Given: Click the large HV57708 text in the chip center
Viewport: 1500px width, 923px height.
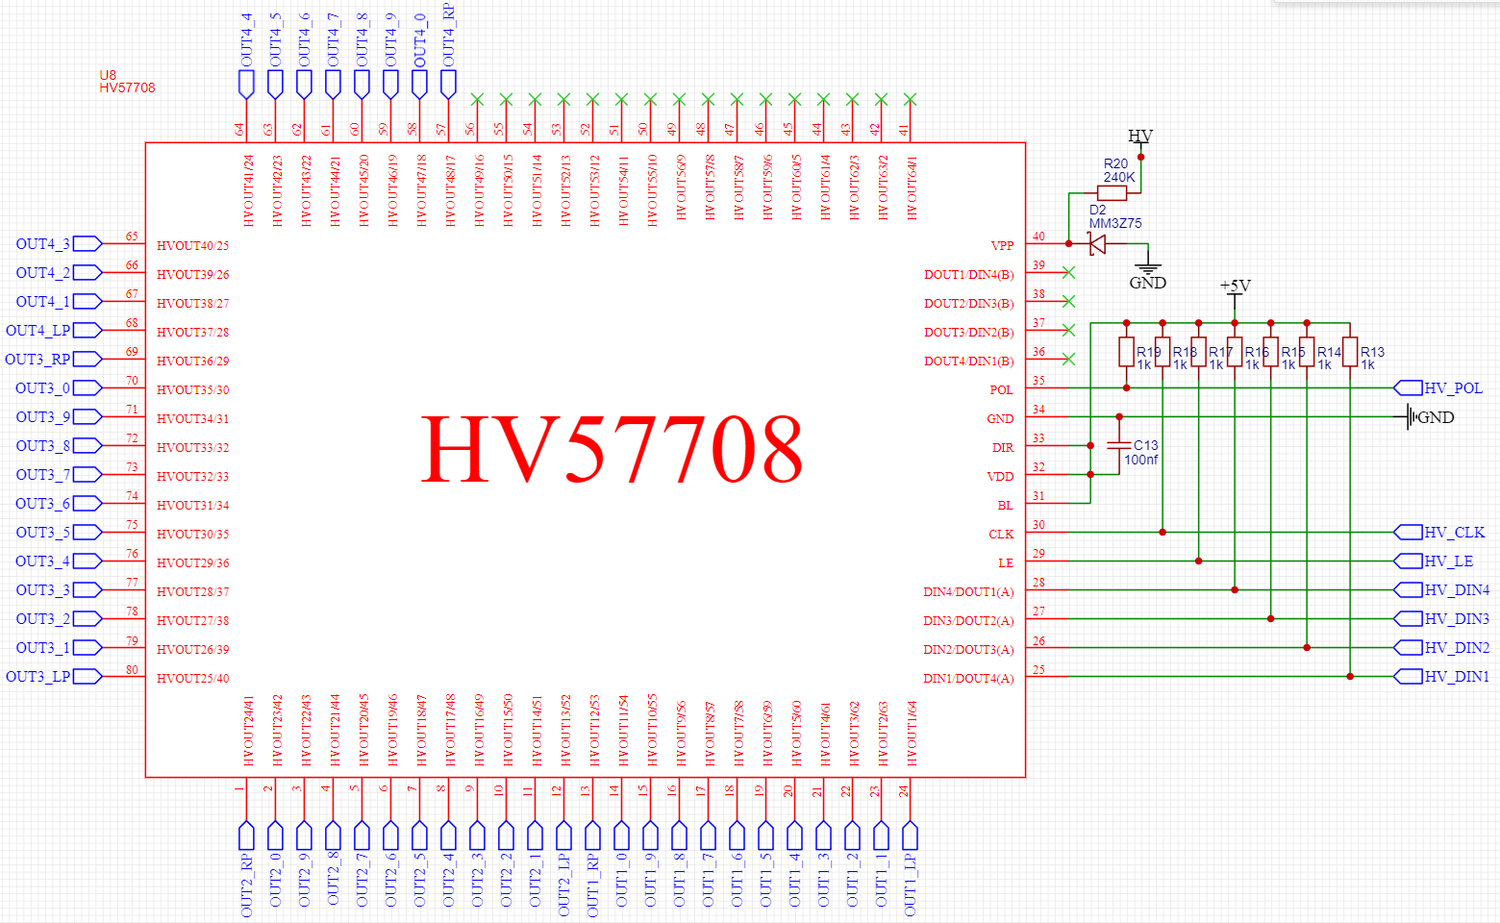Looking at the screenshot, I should click(612, 449).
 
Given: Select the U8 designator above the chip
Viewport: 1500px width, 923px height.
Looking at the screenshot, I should click(108, 75).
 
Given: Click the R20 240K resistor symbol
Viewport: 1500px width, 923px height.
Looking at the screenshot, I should click(1112, 193).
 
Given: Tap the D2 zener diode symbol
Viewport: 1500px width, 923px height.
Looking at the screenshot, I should click(1097, 244).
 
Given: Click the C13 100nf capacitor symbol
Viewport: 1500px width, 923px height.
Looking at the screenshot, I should click(1118, 446).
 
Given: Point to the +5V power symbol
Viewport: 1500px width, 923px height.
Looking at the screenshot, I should click(1235, 287).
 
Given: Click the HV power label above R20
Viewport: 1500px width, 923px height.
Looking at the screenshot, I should click(1140, 137).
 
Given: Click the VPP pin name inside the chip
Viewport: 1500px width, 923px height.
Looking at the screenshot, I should click(1002, 246).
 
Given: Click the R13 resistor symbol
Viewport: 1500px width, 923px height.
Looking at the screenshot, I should click(1350, 352).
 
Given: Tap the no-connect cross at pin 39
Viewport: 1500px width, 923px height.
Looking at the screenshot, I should click(1068, 273).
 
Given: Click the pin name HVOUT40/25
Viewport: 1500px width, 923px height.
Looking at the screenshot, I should click(192, 246).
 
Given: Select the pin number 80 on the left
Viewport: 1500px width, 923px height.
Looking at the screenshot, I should click(132, 670).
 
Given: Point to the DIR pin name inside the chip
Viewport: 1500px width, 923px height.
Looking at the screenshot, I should click(1003, 448).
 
